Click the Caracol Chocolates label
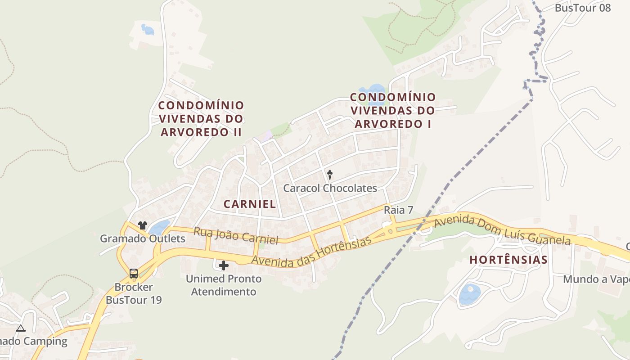pos(330,188)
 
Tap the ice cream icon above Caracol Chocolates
pos(330,174)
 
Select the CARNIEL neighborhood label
pos(250,204)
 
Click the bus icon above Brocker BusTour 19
pos(134,273)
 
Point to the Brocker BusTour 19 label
pos(134,293)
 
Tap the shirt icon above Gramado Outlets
pos(143,225)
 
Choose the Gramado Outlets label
pos(142,238)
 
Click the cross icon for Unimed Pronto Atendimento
pos(223,265)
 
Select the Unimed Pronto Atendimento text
pos(224,285)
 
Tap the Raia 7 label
pos(398,210)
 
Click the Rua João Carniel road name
pos(236,235)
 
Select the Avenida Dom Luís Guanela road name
pos(502,230)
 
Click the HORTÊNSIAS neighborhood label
pos(508,260)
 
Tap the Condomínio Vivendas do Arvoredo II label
pos(201,119)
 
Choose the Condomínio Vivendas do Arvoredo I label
pos(393,110)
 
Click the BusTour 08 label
pos(583,8)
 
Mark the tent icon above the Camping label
pos(21,328)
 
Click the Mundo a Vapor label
pos(596,279)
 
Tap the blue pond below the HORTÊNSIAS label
pos(470,294)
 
